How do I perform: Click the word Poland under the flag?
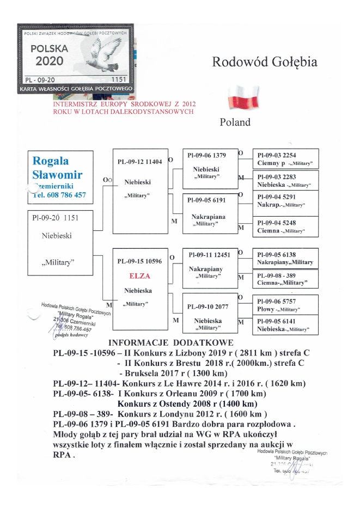[235, 122]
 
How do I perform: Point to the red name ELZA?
[140, 275]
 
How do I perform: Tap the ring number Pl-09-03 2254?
[277, 155]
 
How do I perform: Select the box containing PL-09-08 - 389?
[286, 279]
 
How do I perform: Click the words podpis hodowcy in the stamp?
[71, 336]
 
